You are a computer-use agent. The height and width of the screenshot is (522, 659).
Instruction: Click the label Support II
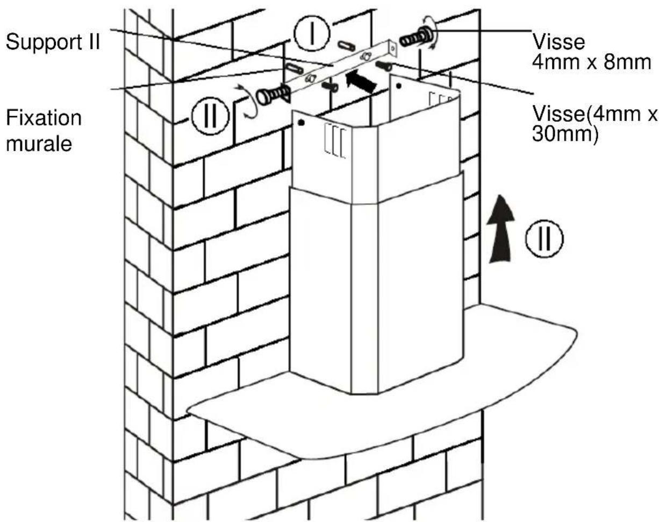point(53,41)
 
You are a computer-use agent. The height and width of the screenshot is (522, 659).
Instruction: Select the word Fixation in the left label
point(44,117)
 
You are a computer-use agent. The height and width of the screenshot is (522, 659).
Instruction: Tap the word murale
point(39,144)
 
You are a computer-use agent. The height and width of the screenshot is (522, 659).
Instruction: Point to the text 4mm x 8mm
point(591,62)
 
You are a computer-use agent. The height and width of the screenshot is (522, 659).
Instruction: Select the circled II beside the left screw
point(210,116)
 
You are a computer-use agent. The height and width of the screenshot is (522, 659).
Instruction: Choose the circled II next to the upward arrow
point(545,238)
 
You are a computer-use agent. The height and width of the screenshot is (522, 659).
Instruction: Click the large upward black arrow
point(500,229)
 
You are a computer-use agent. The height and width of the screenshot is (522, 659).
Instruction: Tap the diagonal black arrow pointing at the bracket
point(361,81)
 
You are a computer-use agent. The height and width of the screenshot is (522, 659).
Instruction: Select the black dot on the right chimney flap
point(398,86)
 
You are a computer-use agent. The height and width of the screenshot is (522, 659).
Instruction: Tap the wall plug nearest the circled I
point(346,46)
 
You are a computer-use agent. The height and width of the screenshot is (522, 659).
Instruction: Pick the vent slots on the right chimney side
point(441,99)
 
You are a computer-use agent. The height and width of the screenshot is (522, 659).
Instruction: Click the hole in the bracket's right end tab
point(393,48)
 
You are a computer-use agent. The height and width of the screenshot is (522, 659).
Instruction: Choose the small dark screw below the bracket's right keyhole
point(383,66)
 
